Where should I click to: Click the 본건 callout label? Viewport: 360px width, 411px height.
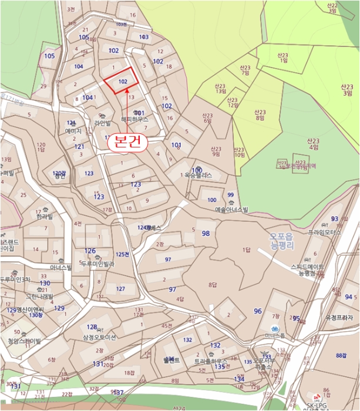pyautogui.click(x=123, y=143)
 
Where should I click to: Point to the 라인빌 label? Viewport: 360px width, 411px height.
pyautogui.click(x=102, y=123)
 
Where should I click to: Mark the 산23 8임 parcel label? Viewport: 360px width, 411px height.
pyautogui.click(x=259, y=114)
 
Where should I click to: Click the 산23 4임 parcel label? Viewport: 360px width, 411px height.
pyautogui.click(x=312, y=144)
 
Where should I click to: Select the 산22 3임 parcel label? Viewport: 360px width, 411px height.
pyautogui.click(x=332, y=8)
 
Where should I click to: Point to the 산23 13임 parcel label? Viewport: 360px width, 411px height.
pyautogui.click(x=221, y=88)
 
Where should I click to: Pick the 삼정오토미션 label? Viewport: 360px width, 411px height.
pyautogui.click(x=100, y=337)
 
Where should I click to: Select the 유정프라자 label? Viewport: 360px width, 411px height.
pyautogui.click(x=339, y=317)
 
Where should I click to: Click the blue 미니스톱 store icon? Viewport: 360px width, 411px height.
pyautogui.click(x=274, y=329)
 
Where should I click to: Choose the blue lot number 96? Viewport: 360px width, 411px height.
pyautogui.click(x=258, y=311)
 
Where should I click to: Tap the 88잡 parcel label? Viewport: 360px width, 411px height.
pyautogui.click(x=342, y=356)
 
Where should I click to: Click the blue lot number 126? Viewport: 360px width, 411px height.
pyautogui.click(x=90, y=251)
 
